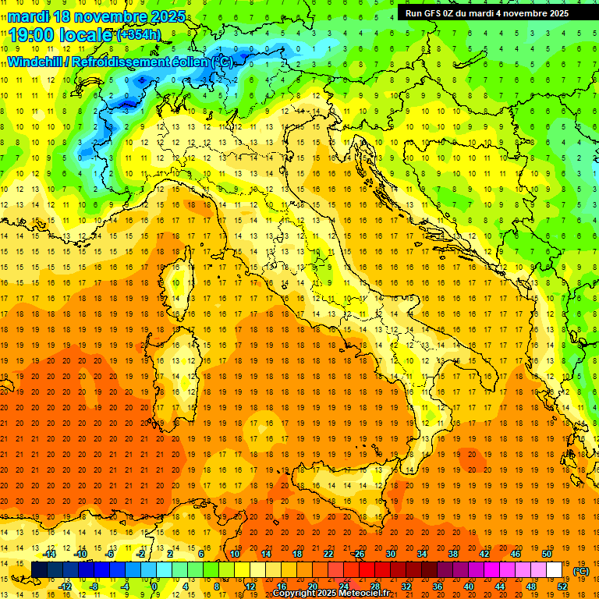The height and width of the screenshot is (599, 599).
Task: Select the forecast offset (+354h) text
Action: (x=138, y=34)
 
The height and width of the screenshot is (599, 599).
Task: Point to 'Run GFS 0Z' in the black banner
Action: (x=428, y=13)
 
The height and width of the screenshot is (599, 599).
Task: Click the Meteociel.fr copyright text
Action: (x=331, y=594)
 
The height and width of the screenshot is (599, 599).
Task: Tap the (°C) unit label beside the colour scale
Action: (x=581, y=571)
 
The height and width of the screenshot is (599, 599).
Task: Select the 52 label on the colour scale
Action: (x=562, y=587)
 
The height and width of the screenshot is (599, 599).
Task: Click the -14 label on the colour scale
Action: (x=51, y=554)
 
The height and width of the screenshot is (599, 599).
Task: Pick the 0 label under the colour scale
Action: (x=155, y=587)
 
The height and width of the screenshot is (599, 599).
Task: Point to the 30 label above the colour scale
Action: (x=390, y=554)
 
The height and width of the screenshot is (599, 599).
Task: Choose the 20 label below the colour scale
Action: (x=312, y=587)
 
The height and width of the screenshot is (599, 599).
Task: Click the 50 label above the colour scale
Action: (x=547, y=554)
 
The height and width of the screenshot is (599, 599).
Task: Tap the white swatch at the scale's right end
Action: (x=555, y=570)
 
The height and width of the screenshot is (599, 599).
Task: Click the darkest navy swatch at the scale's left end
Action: (x=39, y=570)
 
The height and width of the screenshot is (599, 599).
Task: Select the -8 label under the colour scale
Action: (x=94, y=587)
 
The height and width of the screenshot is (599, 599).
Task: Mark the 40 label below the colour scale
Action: (x=469, y=587)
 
